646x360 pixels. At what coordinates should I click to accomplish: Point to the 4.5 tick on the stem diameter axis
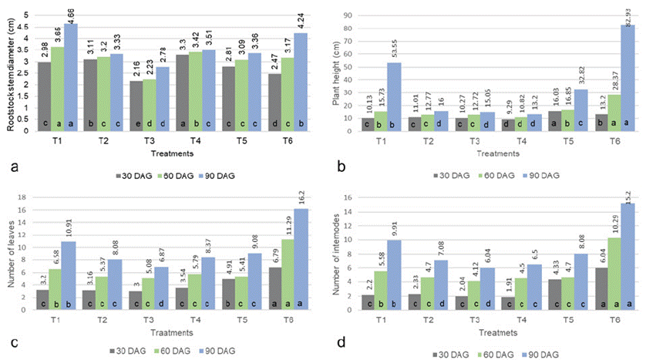point(25,27)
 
